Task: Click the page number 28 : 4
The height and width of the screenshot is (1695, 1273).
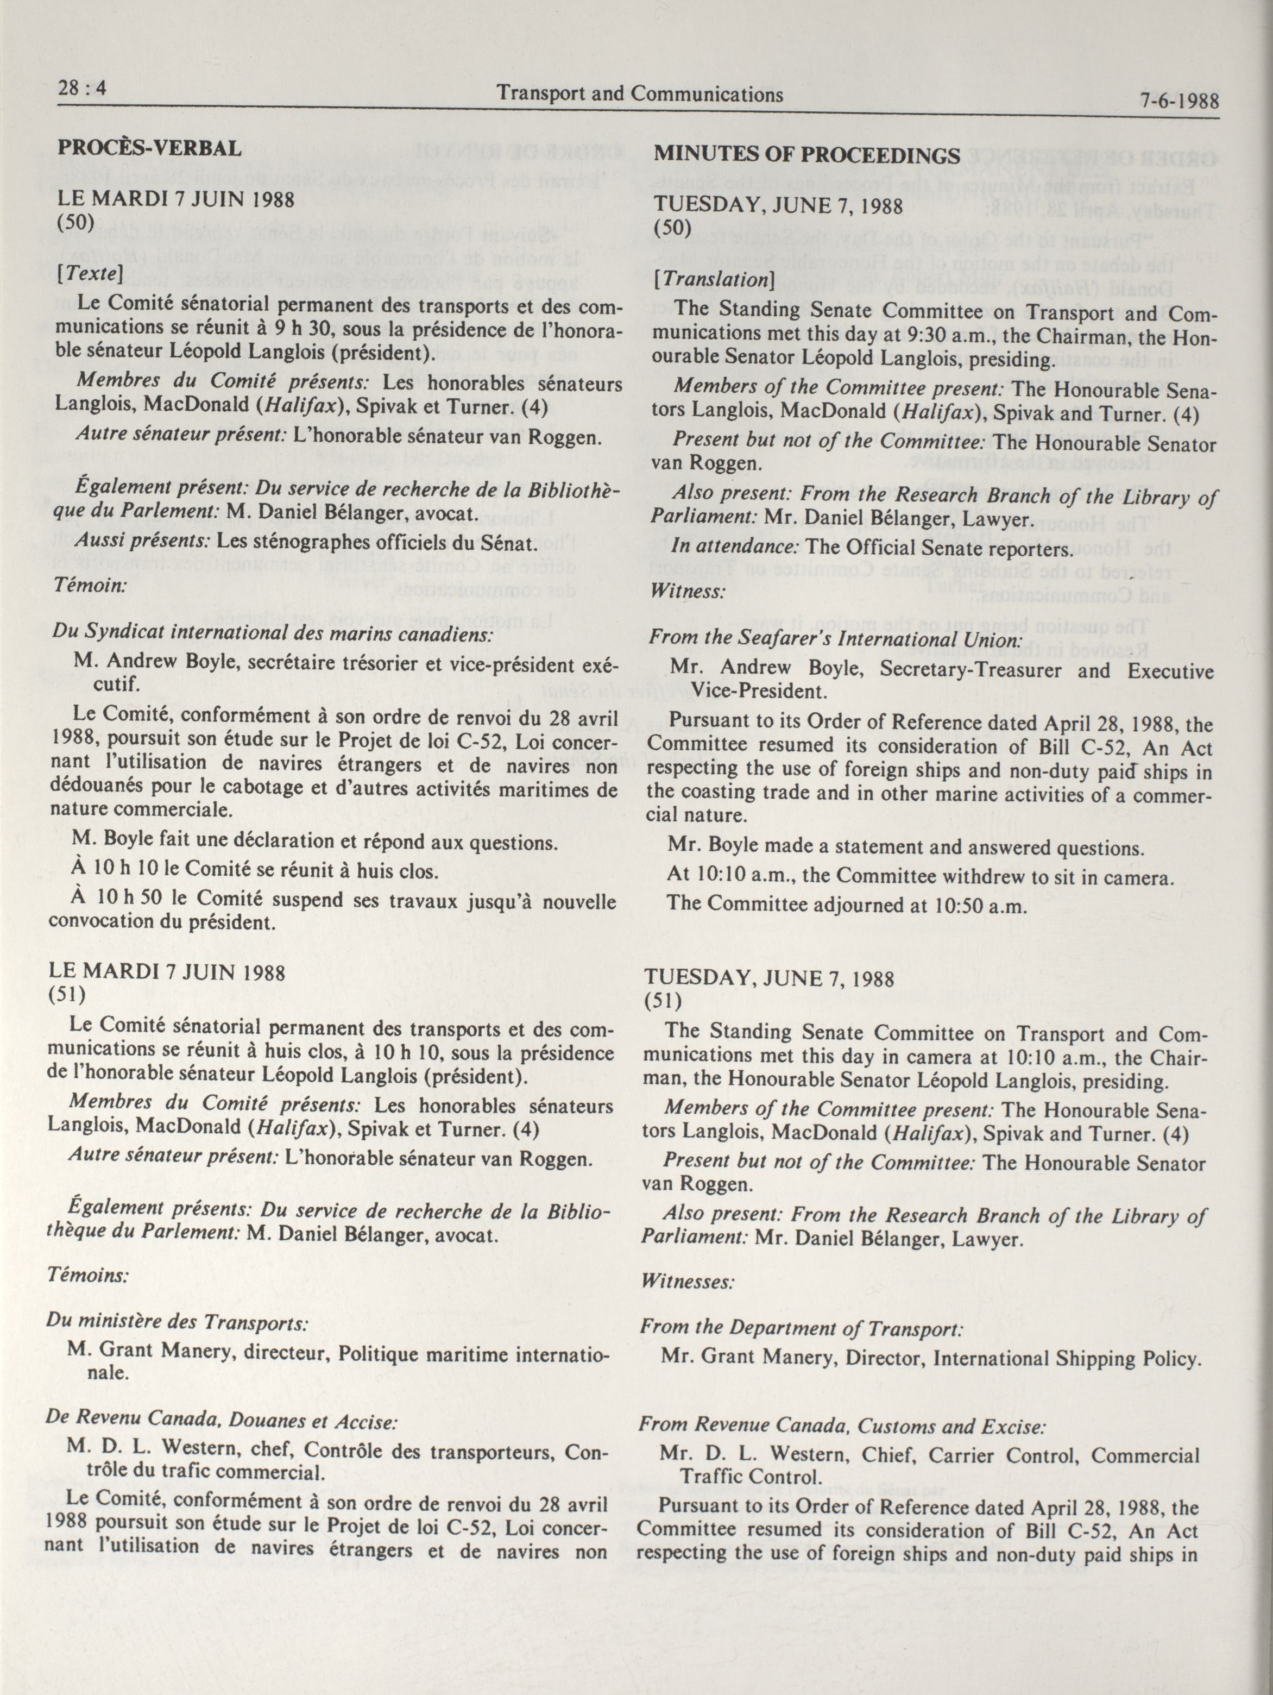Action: (82, 89)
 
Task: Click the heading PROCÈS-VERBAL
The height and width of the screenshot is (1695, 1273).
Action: (149, 147)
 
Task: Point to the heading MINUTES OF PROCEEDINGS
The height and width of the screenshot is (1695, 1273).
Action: (806, 155)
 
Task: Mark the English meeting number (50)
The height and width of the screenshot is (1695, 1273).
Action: (672, 228)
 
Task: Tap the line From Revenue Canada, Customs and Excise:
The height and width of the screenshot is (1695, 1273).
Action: (842, 1426)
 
